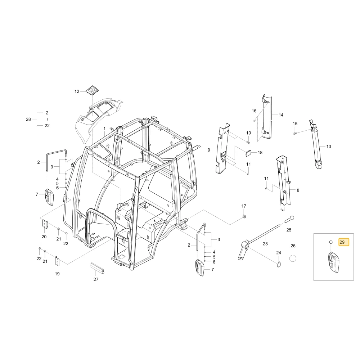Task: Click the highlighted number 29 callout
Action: pyautogui.click(x=343, y=242)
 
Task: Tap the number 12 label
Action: pyautogui.click(x=77, y=91)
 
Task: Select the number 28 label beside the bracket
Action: pyautogui.click(x=28, y=120)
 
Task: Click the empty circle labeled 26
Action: pyautogui.click(x=293, y=258)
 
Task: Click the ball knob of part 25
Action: pyautogui.click(x=291, y=218)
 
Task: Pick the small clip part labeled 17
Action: pyautogui.click(x=244, y=216)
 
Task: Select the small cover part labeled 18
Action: pyautogui.click(x=248, y=153)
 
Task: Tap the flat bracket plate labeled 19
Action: pyautogui.click(x=57, y=261)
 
